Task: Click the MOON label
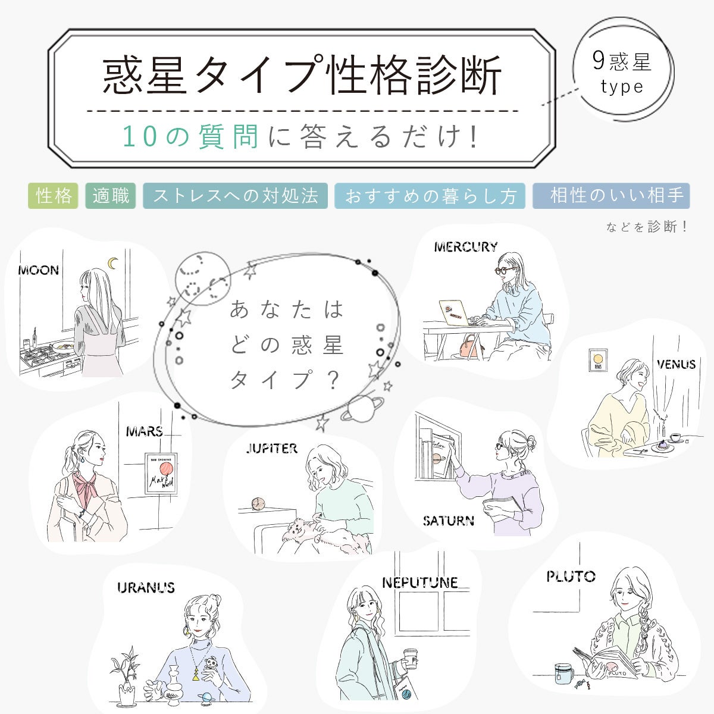coord(39,271)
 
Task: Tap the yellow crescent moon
coord(113,262)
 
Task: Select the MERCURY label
coord(465,247)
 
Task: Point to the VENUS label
coord(676,364)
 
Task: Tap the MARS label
coord(145,431)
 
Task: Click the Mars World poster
coord(161,474)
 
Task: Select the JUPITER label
coord(271,449)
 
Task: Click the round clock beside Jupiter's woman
coord(258,503)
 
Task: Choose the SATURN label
coord(449,521)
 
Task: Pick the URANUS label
coord(146,588)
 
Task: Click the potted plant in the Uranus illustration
coord(126,678)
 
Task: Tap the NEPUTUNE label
coord(419,583)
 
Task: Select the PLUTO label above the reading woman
coord(571,576)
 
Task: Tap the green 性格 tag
coord(54,196)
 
